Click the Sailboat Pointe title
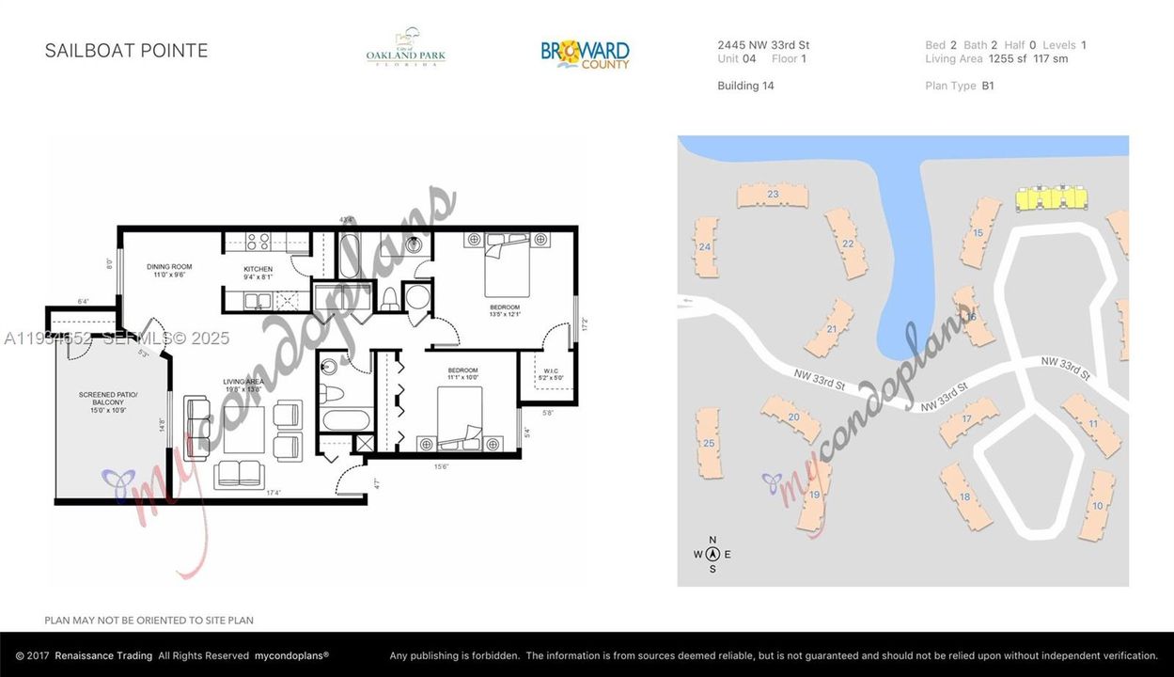pos(126,51)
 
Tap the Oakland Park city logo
pos(406,48)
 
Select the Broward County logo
pos(585,53)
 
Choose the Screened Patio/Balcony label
pos(108,401)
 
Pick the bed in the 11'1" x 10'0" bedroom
pos(460,418)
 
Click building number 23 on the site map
pos(773,195)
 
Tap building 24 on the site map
pos(705,247)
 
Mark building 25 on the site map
pos(709,444)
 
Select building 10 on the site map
pos(1097,506)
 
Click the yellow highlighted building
pos(1051,197)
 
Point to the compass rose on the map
pos(712,555)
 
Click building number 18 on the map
pos(964,496)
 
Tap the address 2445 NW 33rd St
pos(763,45)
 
